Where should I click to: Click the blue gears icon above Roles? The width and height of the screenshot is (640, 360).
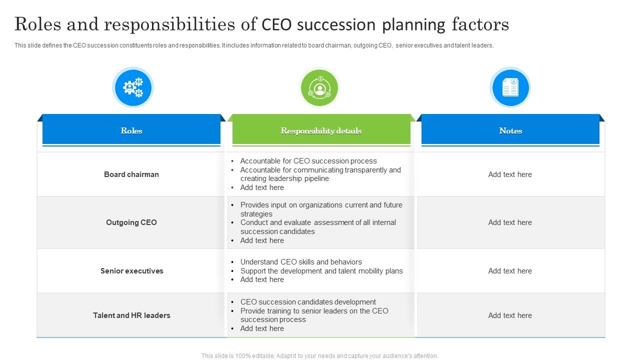click(133, 87)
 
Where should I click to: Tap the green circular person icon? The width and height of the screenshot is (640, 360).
click(319, 87)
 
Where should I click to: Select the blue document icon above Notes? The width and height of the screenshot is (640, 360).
click(510, 87)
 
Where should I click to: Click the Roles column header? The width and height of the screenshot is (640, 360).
click(131, 130)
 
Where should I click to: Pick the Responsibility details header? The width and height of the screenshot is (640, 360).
click(321, 130)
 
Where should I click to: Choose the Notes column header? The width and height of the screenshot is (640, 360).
click(510, 130)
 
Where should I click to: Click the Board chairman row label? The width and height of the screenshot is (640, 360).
click(131, 174)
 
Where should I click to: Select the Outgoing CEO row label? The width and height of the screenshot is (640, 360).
click(131, 222)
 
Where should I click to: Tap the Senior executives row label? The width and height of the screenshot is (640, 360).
click(131, 271)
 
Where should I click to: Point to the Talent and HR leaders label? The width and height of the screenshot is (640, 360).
click(131, 315)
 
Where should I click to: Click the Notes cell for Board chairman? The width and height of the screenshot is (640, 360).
click(510, 174)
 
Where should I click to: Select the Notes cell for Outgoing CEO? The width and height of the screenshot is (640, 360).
click(510, 222)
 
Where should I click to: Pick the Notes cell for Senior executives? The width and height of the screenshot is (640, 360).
click(510, 271)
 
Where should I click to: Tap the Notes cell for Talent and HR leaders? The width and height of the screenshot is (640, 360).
click(510, 315)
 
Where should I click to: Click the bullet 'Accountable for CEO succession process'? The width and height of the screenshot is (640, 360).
click(308, 161)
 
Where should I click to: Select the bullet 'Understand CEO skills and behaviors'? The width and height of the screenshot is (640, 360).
click(301, 261)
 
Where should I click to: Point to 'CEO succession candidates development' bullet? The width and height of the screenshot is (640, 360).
click(308, 301)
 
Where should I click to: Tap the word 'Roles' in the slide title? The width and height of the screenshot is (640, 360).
click(37, 24)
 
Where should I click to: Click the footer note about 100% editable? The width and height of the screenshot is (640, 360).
click(319, 355)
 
